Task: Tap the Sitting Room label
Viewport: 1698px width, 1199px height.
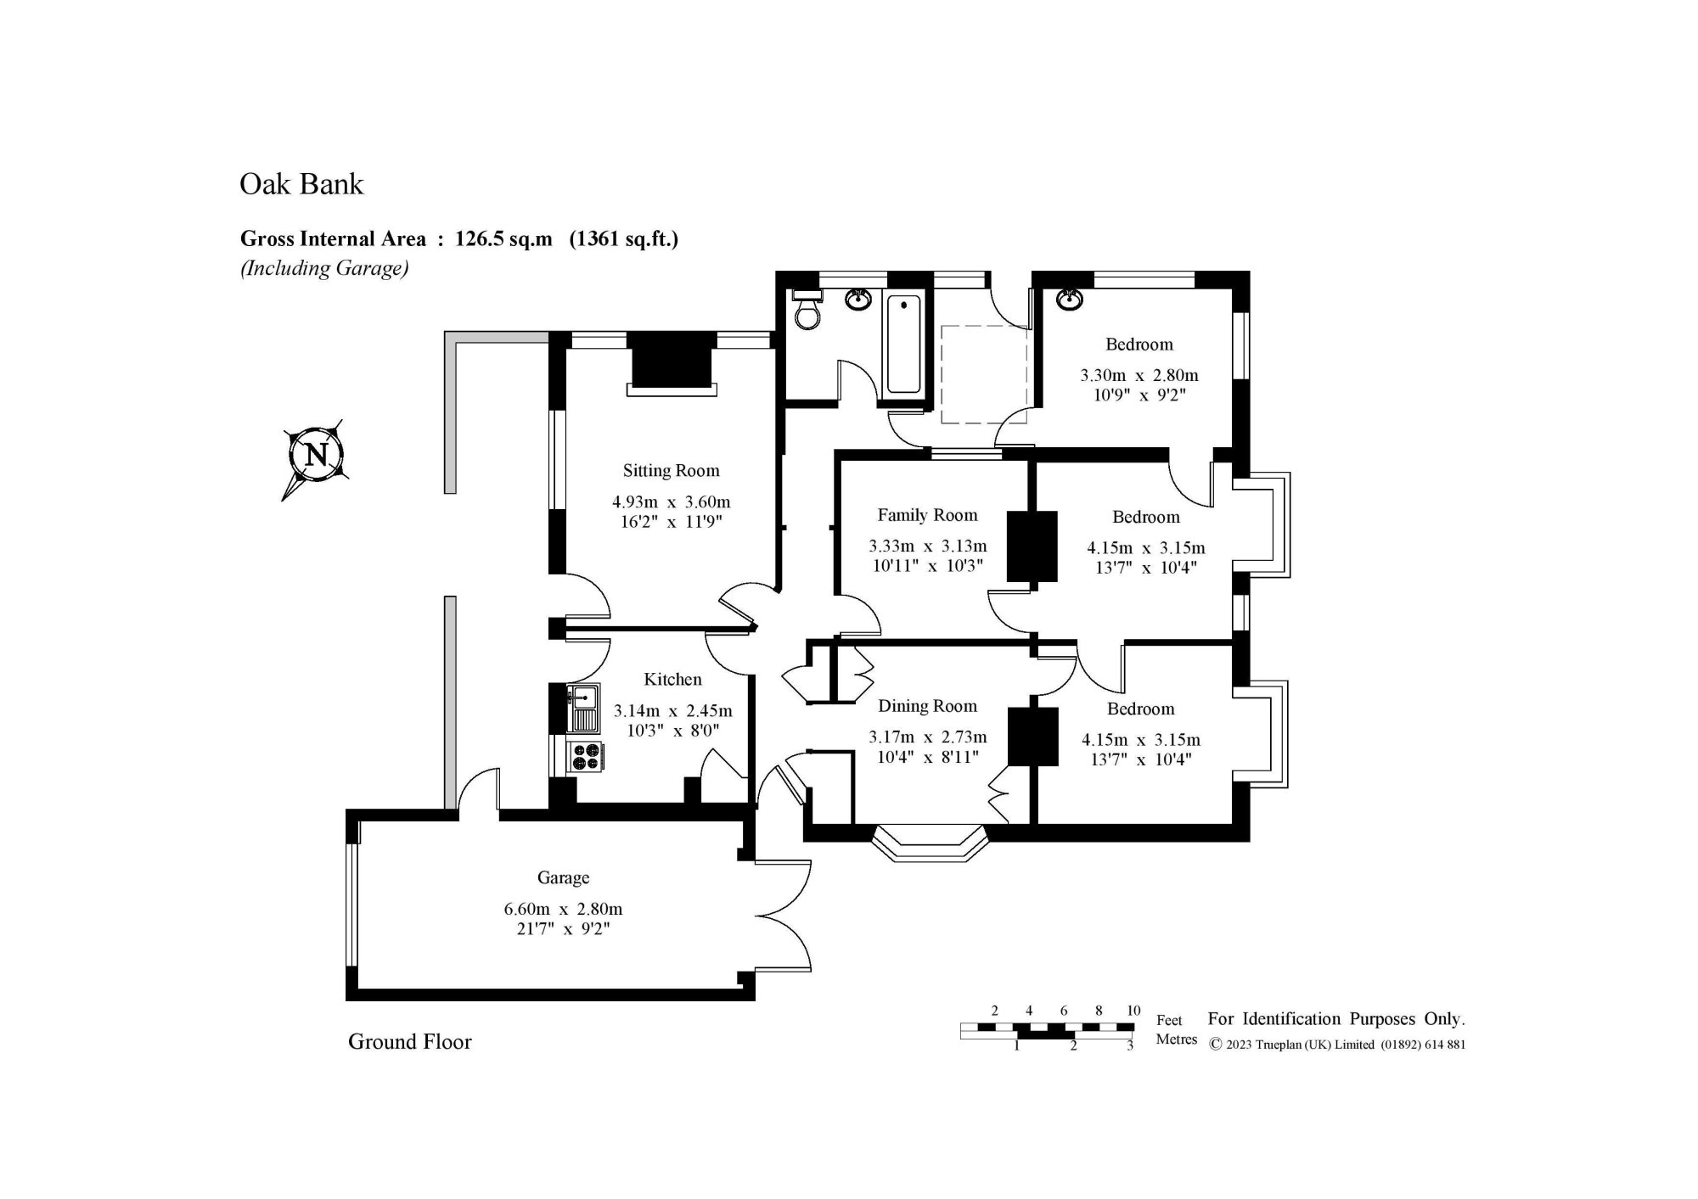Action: tap(671, 471)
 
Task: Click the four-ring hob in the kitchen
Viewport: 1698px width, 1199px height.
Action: tap(585, 755)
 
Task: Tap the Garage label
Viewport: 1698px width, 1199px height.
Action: tap(563, 877)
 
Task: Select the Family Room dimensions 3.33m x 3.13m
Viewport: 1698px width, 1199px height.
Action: tap(927, 546)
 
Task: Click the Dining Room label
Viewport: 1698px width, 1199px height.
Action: tap(927, 706)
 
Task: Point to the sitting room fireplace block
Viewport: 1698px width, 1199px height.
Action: tap(672, 362)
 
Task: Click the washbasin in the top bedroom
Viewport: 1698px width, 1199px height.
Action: tap(1070, 300)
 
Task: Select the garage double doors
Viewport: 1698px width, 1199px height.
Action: tap(783, 916)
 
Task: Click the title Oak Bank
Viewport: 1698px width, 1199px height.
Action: tap(301, 184)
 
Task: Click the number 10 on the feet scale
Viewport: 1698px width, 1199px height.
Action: tap(1133, 1011)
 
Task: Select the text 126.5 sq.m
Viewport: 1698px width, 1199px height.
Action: tap(503, 239)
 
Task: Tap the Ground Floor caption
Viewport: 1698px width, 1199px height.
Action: tap(409, 1042)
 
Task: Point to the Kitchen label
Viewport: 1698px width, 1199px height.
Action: tap(672, 680)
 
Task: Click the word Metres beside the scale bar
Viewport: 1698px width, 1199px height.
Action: tap(1176, 1039)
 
